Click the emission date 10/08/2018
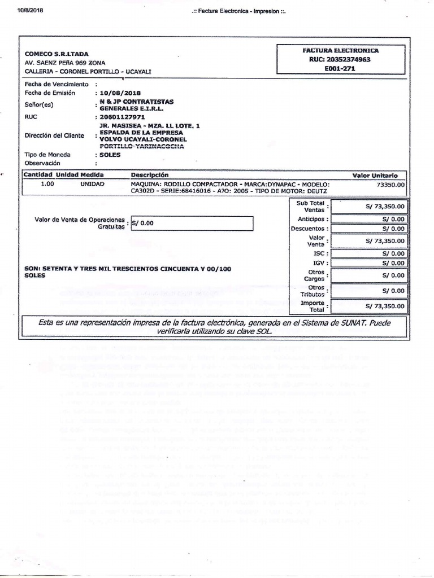[120, 93]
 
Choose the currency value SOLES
[110, 154]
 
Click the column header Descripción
[150, 176]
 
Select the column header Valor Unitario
[375, 176]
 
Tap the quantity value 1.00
[48, 184]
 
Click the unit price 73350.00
[390, 184]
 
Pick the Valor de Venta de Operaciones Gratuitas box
[192, 223]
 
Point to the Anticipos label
[311, 219]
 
